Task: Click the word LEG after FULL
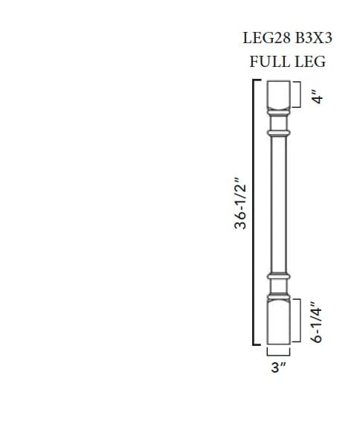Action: pyautogui.click(x=310, y=62)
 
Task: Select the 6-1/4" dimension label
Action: pyautogui.click(x=318, y=321)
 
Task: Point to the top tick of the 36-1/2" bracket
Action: pyautogui.click(x=257, y=79)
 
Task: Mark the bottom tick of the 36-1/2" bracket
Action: pyautogui.click(x=257, y=346)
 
